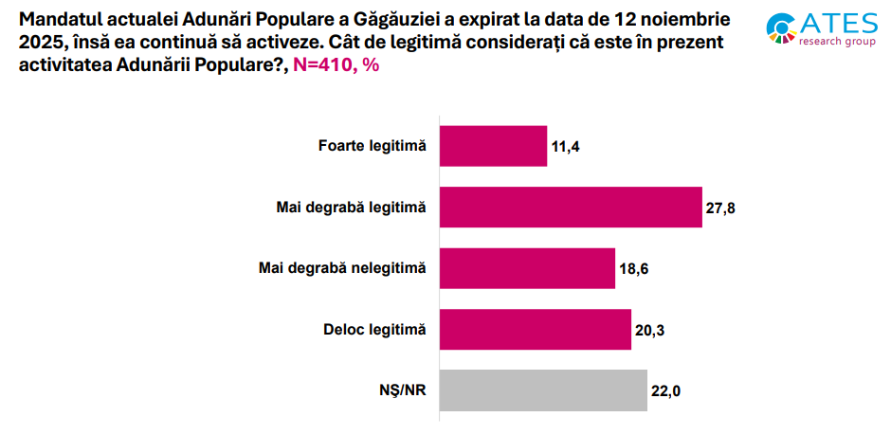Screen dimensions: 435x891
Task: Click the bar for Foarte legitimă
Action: click(493, 146)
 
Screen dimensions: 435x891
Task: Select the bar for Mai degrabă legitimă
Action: click(570, 208)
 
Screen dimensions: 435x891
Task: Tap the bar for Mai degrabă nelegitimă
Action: click(527, 268)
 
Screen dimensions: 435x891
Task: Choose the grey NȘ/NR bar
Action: click(543, 390)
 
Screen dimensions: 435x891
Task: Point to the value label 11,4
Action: click(565, 147)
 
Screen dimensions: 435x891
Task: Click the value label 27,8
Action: click(720, 208)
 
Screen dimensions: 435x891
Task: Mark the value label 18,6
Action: click(634, 269)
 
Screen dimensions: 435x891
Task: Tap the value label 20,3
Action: click(650, 330)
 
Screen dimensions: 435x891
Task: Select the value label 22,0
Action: click(666, 390)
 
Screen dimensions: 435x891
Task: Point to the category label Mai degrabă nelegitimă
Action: click(342, 268)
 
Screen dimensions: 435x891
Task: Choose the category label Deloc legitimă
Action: click(374, 329)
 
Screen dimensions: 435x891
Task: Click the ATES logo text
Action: click(838, 24)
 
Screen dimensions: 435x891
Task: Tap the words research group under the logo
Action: click(837, 43)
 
